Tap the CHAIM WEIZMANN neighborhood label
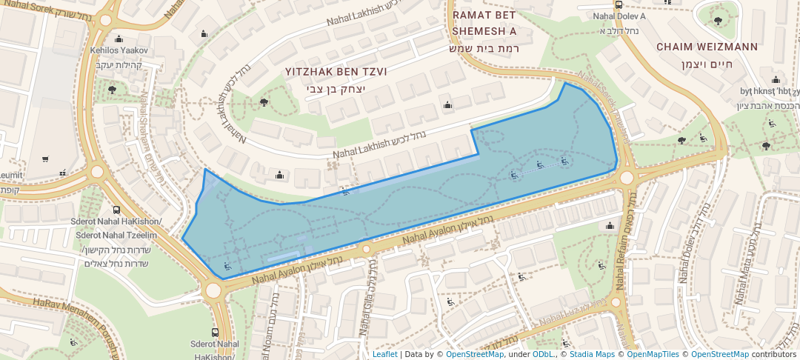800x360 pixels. [x=707, y=47]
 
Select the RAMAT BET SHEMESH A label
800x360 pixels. [x=484, y=23]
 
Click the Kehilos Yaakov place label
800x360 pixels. [x=120, y=50]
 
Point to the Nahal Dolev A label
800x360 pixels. [x=619, y=16]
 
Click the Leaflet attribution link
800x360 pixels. [x=384, y=354]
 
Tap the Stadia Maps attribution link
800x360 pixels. [x=591, y=354]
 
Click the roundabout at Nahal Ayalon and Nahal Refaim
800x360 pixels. [x=627, y=177]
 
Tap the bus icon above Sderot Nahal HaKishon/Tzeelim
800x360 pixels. [x=116, y=210]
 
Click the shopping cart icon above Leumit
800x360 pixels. [x=45, y=159]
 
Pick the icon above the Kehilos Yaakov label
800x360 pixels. [x=119, y=39]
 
